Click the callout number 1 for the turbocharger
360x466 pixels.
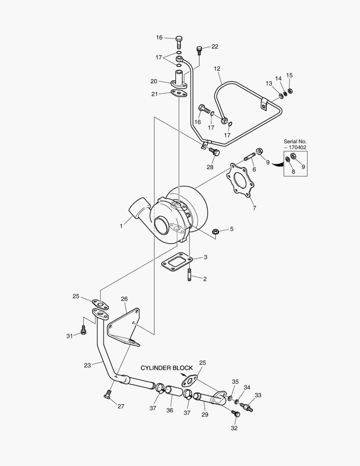(122, 226)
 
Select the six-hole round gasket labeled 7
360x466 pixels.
(239, 181)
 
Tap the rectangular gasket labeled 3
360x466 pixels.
(175, 262)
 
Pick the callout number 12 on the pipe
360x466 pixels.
(217, 68)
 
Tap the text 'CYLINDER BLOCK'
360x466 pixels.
(166, 368)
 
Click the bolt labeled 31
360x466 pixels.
(84, 331)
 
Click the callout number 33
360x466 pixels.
(258, 395)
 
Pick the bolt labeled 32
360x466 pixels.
(236, 414)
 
